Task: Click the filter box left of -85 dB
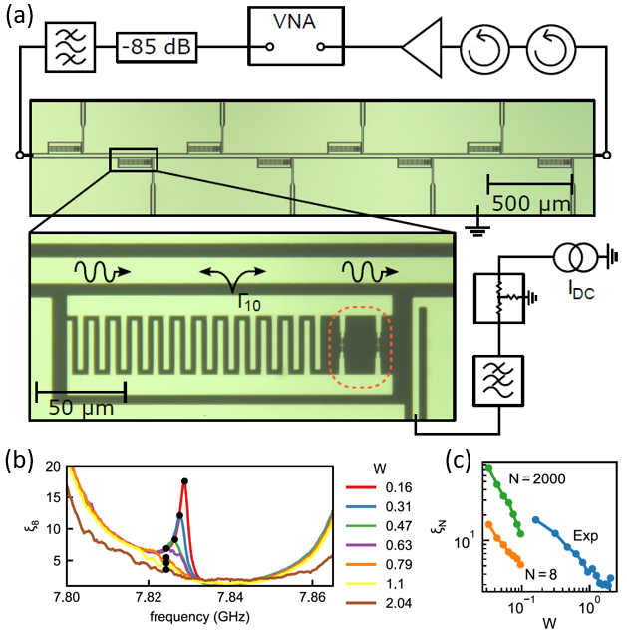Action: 67,46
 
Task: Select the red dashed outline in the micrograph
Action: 361,348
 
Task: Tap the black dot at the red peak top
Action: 184,481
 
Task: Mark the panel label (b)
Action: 20,461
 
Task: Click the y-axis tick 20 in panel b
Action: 52,466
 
